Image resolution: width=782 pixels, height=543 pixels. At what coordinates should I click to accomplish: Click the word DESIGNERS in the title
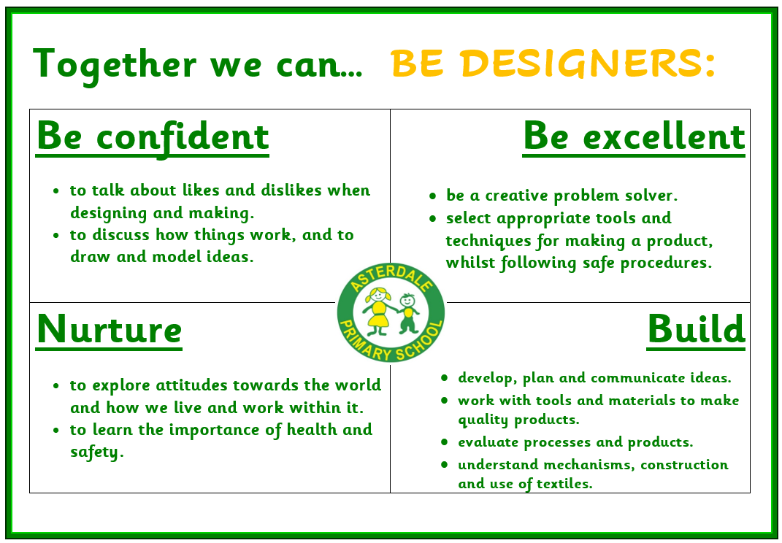point(588,63)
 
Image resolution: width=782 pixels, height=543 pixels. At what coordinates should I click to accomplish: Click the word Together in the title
point(115,65)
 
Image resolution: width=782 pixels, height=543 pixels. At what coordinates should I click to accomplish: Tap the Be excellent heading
point(634,136)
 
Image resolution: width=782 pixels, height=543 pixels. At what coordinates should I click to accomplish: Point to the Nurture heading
point(110,330)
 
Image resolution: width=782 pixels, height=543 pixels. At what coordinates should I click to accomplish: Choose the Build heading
point(696,330)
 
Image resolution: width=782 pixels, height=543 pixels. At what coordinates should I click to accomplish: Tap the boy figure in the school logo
point(408,313)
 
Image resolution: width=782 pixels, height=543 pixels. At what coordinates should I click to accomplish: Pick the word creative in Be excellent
point(516,196)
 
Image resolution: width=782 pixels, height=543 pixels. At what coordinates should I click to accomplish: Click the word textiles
point(564,484)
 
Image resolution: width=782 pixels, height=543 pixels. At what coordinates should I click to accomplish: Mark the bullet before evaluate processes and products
point(445,442)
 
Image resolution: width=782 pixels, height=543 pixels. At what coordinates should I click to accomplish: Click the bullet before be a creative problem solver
point(432,196)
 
